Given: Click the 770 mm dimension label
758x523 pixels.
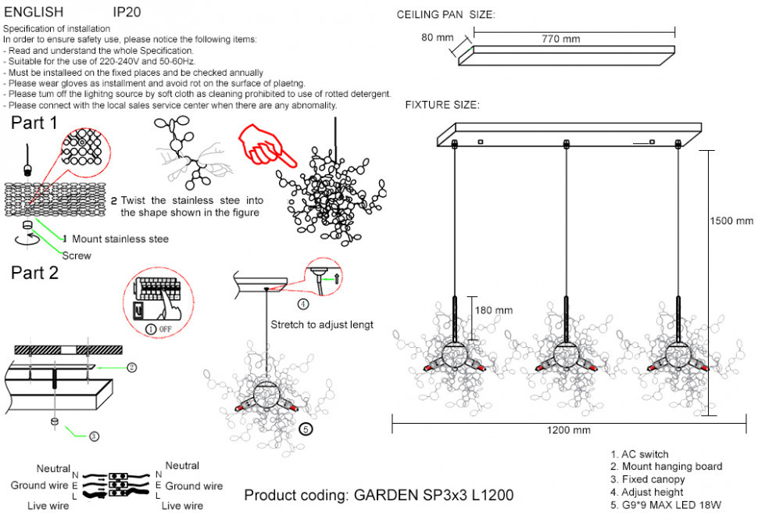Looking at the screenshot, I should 560,39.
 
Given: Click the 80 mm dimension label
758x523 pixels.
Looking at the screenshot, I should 437,37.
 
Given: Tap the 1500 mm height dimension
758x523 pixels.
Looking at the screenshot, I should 732,220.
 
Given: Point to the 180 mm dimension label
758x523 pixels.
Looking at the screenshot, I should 494,310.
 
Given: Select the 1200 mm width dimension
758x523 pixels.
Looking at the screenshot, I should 570,431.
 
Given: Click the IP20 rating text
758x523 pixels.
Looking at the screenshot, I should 127,13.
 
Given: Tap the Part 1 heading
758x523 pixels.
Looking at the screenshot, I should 34,123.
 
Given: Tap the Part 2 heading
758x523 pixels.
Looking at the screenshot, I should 34,273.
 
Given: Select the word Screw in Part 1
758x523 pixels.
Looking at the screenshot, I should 77,256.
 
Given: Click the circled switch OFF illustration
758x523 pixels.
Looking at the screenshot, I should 159,301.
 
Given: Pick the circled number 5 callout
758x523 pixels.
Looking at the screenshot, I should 306,428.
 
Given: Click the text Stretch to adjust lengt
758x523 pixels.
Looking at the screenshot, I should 321,324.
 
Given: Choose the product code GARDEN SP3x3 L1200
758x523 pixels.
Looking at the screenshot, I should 379,496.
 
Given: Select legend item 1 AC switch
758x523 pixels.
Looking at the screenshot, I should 639,454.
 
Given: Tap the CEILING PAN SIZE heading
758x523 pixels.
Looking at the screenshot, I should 445,15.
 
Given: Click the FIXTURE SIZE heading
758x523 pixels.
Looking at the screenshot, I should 442,105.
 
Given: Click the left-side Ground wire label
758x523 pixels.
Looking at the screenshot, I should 39,485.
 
